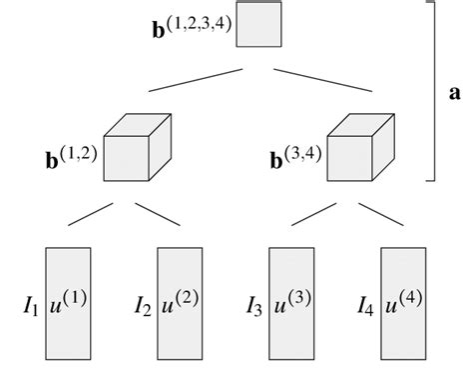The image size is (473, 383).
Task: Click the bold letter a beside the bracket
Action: [x=455, y=93]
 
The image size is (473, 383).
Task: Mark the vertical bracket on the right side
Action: [x=432, y=90]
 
